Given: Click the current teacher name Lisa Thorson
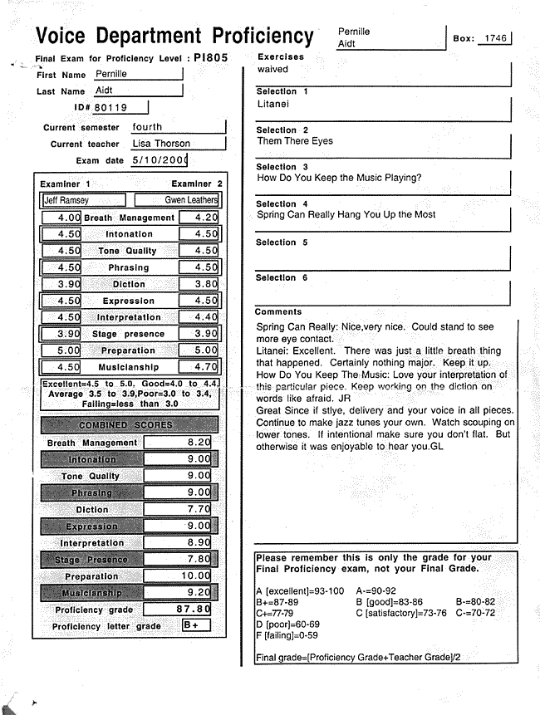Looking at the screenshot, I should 161,144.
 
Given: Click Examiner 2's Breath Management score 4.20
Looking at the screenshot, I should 199,218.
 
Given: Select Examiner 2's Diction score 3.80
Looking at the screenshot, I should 199,284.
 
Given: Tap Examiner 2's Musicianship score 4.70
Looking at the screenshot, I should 199,367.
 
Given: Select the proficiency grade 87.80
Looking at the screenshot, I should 192,609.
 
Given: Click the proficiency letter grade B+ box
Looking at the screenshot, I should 196,624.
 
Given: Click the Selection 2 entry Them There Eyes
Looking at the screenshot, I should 295,141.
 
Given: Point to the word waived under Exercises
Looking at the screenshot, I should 272,69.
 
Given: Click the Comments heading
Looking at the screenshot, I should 278,312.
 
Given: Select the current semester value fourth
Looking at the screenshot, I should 148,127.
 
